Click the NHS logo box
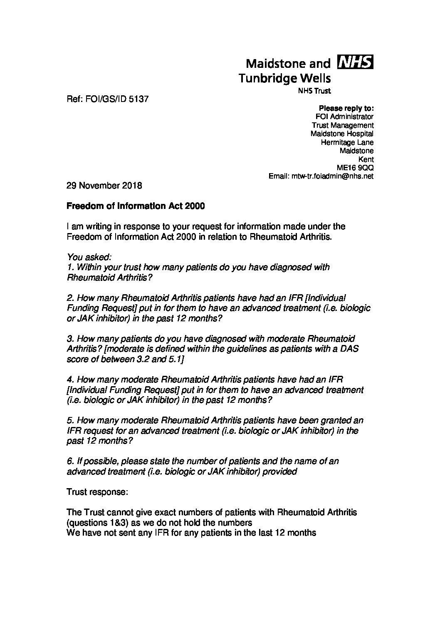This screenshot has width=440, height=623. (356, 62)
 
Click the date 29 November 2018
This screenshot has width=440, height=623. (104, 186)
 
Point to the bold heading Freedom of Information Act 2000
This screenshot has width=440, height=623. (136, 206)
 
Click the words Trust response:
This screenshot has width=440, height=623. (97, 492)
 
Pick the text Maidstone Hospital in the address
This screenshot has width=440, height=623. (342, 134)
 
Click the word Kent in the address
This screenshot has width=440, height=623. (366, 159)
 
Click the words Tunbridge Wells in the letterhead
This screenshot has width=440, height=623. (284, 78)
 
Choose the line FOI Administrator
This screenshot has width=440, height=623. (344, 117)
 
